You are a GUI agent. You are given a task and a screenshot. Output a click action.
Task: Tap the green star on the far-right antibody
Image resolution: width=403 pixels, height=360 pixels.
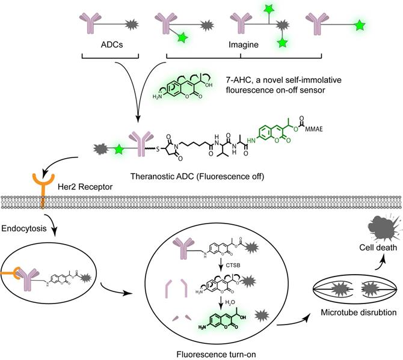coord(359,25)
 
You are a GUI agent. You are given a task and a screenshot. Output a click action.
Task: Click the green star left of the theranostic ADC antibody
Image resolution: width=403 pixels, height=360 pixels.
coord(119,146)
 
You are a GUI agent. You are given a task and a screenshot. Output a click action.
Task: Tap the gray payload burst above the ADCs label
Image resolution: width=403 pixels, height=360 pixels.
coord(132,25)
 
